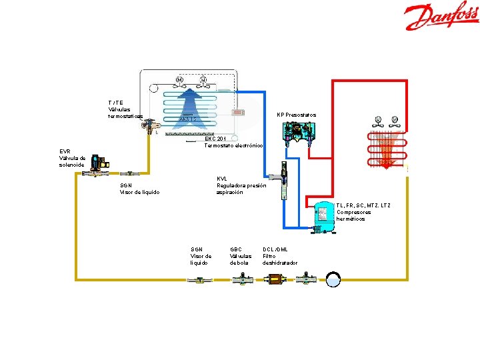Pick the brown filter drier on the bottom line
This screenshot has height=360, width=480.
point(275,279)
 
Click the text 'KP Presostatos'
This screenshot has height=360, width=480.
point(297,115)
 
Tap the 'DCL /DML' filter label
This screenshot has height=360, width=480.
point(275,249)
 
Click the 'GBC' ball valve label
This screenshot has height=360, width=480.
point(237,249)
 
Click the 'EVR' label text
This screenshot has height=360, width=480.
point(65,151)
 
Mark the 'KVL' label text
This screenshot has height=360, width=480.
point(223,179)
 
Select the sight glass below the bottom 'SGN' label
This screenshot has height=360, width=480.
point(197,279)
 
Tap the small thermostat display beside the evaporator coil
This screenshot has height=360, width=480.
point(237,112)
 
